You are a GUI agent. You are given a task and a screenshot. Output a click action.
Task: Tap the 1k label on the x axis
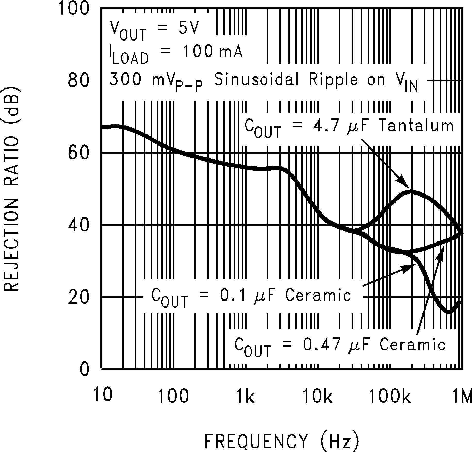tap(245, 396)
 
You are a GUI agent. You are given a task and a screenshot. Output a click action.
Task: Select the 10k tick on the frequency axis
tap(317, 396)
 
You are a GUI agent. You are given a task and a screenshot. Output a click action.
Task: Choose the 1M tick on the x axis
tap(462, 396)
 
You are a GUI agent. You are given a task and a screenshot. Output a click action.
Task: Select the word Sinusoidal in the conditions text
tap(256, 80)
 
